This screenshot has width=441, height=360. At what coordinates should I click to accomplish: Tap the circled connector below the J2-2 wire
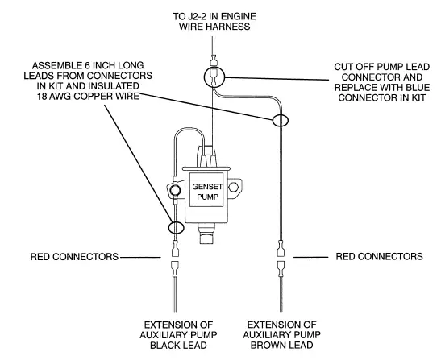click(x=213, y=77)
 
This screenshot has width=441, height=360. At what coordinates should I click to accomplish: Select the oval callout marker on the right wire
click(x=281, y=121)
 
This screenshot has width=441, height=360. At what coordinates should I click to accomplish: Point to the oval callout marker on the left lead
click(x=175, y=226)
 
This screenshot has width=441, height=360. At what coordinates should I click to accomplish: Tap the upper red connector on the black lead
click(x=175, y=245)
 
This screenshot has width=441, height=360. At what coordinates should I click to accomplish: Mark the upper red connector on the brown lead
click(x=280, y=245)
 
